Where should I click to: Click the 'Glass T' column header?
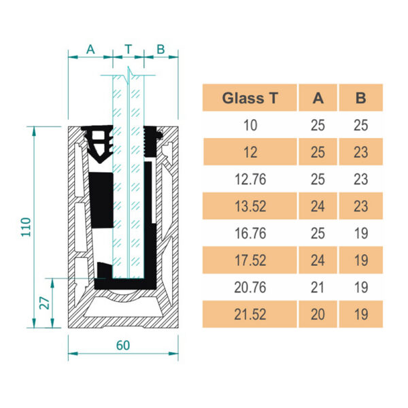coord(250,98)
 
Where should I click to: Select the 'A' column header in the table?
coord(318,98)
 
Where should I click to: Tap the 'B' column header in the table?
coord(360,98)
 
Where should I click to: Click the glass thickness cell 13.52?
coord(250,206)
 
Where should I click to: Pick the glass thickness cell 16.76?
coord(250,233)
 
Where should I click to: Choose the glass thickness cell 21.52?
coord(250,314)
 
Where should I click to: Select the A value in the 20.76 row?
coord(318,288)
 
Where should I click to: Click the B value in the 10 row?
coord(360,125)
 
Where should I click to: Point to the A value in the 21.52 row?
coord(318,314)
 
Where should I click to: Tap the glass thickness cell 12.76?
coord(250,180)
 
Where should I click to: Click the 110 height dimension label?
coord(26,227)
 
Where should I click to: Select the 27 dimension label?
coord(44,303)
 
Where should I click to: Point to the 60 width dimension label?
coord(123,345)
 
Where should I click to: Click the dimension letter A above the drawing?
coord(90,49)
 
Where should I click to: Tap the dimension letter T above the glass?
coord(129,49)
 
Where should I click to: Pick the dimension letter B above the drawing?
coord(160,49)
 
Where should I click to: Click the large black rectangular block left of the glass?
coord(101,200)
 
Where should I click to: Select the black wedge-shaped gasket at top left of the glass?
coord(97,143)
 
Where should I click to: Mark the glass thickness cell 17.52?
coord(250,260)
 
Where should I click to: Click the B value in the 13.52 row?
coord(360,206)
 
